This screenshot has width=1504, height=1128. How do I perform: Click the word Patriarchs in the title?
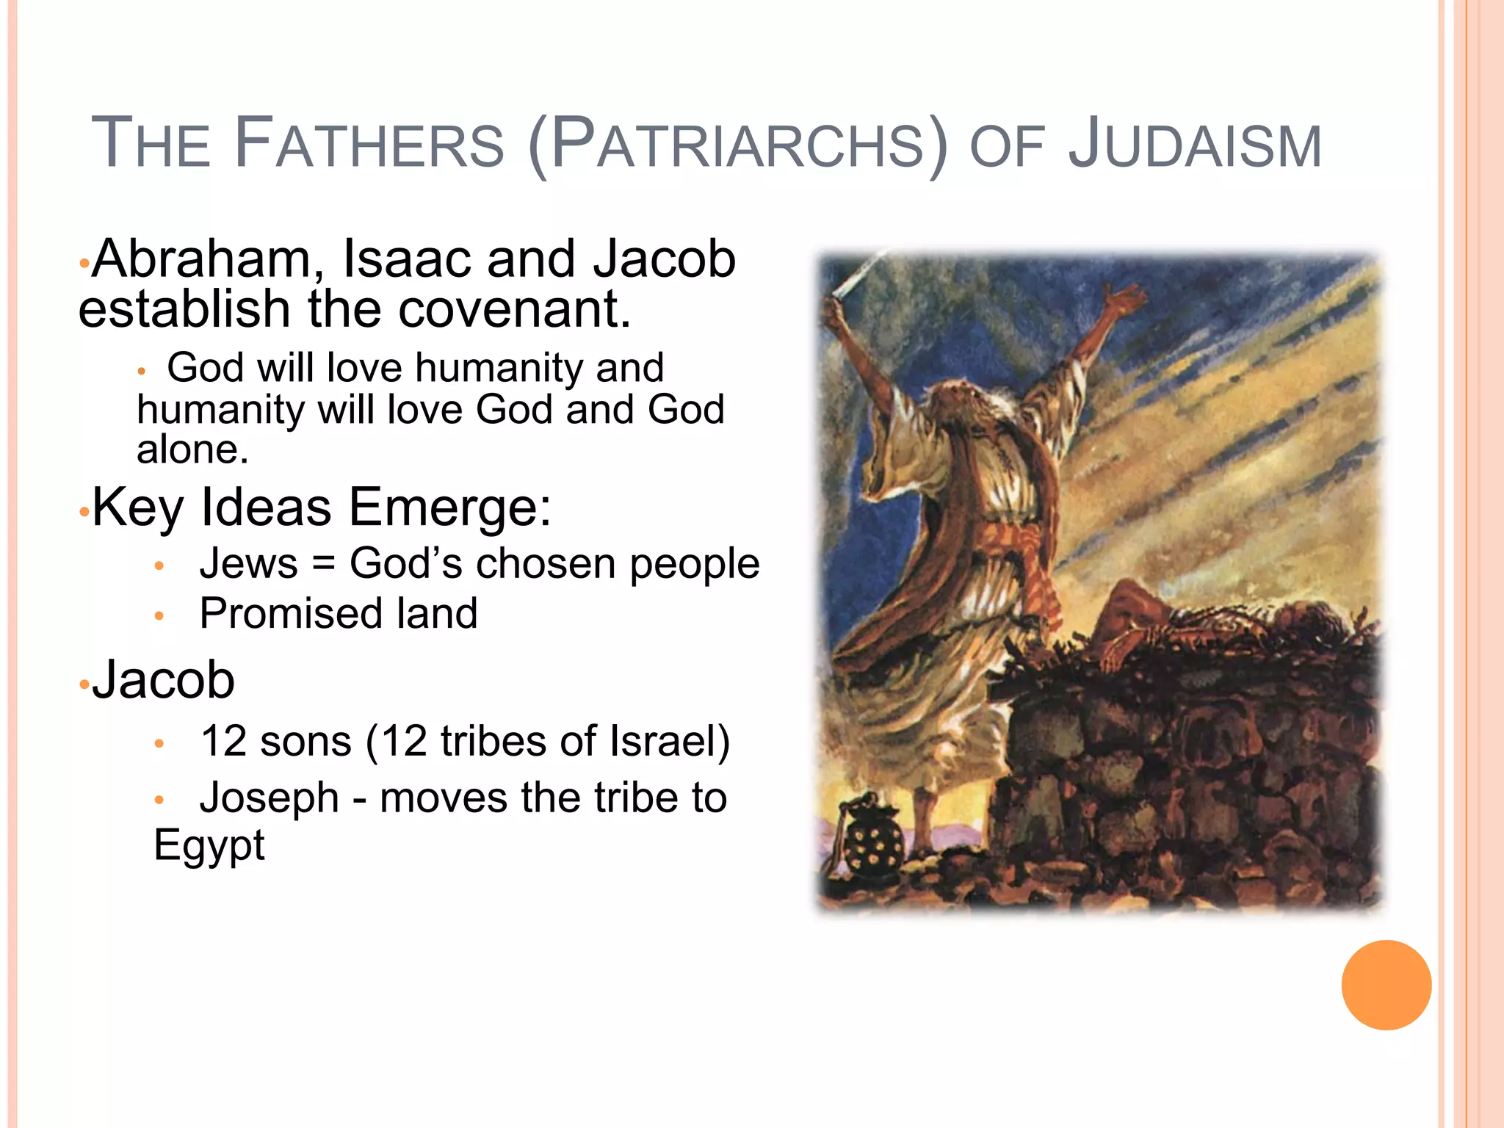point(737,144)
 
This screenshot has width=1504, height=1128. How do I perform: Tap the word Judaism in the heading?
point(1194,144)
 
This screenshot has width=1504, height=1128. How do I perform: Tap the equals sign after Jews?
point(323,564)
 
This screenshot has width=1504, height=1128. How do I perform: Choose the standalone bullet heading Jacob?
point(163,679)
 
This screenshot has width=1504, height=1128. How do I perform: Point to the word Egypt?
point(209,845)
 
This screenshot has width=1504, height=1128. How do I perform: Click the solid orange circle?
point(1386,985)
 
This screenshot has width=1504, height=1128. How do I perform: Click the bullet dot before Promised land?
point(159,615)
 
